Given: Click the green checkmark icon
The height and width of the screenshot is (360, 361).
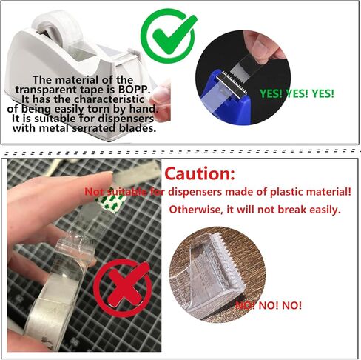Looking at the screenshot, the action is [169, 36].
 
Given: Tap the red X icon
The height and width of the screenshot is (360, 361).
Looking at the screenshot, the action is [123, 287].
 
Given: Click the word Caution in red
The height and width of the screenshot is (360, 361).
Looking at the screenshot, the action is [200, 173].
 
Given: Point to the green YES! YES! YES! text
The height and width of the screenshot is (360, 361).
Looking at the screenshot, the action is [297, 93].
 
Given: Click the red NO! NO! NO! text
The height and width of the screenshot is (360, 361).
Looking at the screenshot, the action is [269, 305].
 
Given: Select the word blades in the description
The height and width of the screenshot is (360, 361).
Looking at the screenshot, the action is [138, 128].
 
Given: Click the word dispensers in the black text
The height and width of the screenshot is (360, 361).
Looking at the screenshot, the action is [126, 119].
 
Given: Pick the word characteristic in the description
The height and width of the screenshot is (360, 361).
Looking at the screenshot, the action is [109, 99].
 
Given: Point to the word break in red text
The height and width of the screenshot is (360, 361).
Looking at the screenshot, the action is [292, 210].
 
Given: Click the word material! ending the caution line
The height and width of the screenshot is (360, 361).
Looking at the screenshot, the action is [328, 192].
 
